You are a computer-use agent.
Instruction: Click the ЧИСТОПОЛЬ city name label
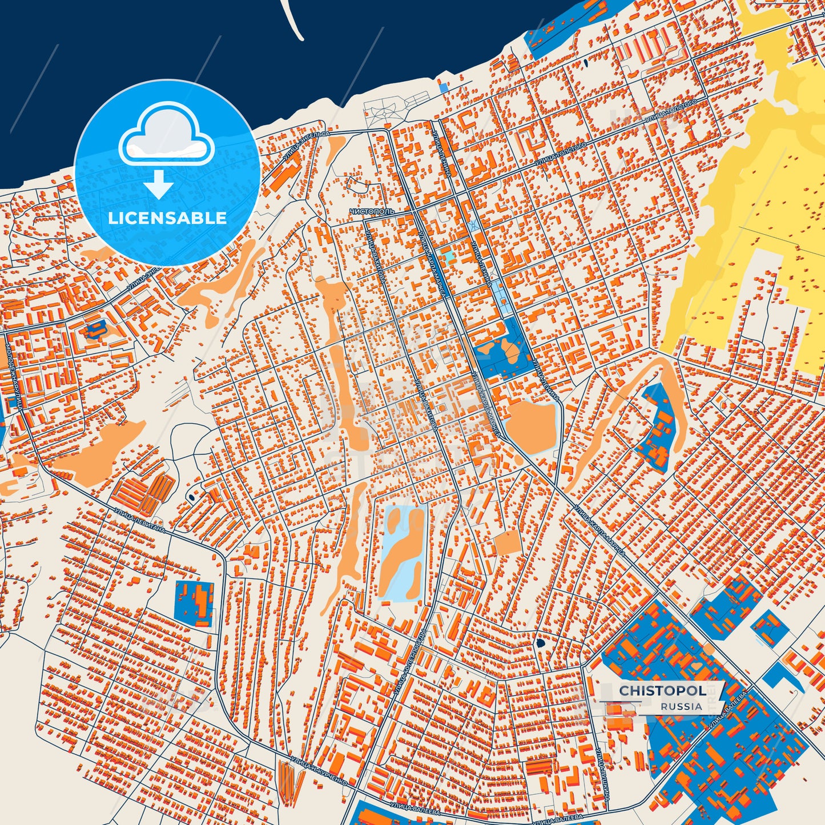[372, 211]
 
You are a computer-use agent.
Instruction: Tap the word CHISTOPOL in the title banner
[662, 691]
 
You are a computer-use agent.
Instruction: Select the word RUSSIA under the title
[681, 706]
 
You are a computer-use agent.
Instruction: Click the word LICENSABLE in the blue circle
[167, 218]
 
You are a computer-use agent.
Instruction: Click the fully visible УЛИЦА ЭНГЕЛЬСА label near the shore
[307, 146]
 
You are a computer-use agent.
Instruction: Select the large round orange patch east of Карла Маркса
[530, 425]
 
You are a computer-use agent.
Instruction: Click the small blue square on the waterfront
[444, 88]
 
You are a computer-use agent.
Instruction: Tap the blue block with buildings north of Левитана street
[194, 602]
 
